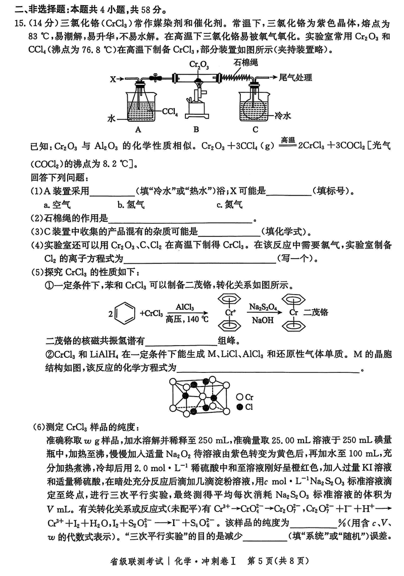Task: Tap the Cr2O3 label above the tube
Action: pos(199,65)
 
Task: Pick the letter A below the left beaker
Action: pos(138,129)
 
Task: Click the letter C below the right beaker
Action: pos(255,129)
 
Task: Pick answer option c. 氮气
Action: pos(230,204)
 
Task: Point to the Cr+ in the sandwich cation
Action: pos(230,312)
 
